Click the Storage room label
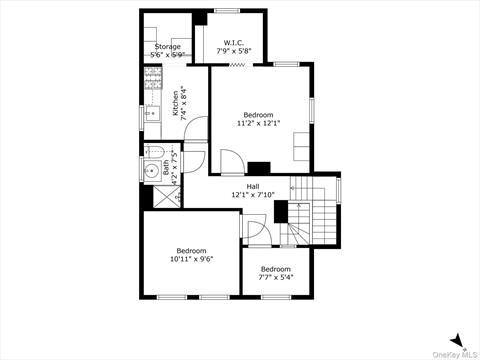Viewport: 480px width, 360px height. click(x=167, y=46)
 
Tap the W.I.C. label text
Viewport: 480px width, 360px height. click(x=233, y=43)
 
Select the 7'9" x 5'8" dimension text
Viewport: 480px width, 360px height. click(x=233, y=52)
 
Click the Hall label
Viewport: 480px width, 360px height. click(x=253, y=186)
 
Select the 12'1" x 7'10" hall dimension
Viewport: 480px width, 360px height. click(x=253, y=195)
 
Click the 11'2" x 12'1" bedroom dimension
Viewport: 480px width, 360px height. click(x=258, y=124)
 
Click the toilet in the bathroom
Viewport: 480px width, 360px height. click(x=153, y=153)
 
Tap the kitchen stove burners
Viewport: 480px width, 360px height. click(x=152, y=78)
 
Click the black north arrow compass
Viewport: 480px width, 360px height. click(x=457, y=340)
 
